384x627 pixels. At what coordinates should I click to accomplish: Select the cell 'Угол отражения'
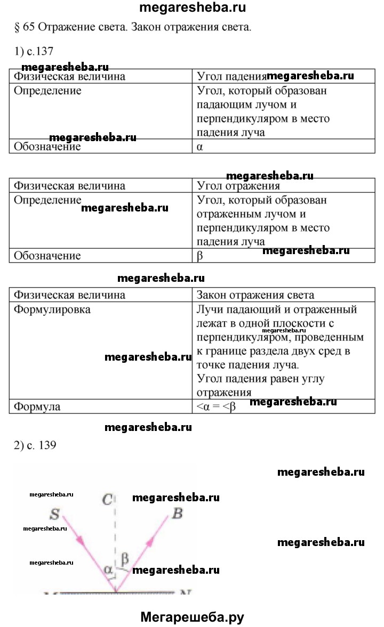[x=238, y=186]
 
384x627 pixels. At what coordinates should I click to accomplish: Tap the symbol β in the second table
[x=200, y=256]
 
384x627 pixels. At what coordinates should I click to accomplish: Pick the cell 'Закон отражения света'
[x=255, y=295]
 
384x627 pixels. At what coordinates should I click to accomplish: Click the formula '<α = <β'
[x=216, y=406]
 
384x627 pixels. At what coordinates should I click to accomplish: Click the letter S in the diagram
[x=54, y=515]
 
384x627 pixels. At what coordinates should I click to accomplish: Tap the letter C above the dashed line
[x=108, y=500]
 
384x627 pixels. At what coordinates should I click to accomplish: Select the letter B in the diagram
[x=178, y=514]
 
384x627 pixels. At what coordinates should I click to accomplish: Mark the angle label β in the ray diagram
[x=125, y=559]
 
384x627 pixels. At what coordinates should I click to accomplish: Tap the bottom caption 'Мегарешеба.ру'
[x=192, y=617]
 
